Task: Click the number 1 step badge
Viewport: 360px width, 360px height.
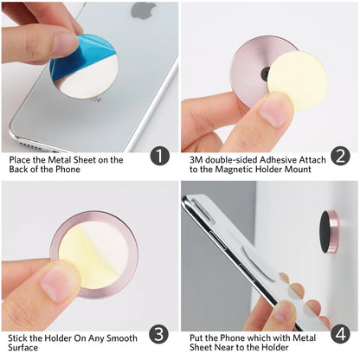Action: coord(159,157)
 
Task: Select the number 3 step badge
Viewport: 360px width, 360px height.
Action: coord(159,333)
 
